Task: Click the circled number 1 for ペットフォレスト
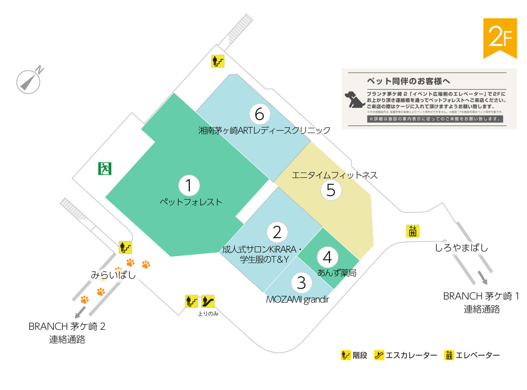[189, 186]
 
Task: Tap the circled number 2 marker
[277, 232]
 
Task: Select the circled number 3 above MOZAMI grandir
[301, 283]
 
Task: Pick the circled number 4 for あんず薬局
[327, 257]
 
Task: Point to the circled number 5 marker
[331, 190]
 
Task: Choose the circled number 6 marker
[260, 114]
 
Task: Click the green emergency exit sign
[105, 169]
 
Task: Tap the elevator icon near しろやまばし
[412, 231]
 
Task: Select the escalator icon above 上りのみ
[208, 301]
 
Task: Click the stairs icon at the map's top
[218, 61]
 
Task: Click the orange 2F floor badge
[500, 38]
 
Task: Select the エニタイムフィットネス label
[334, 175]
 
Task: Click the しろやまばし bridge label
[461, 248]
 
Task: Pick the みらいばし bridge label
[113, 275]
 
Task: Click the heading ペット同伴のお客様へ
[408, 81]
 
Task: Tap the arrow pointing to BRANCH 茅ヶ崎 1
[483, 278]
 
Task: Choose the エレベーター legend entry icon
[449, 355]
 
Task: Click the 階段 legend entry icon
[346, 355]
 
